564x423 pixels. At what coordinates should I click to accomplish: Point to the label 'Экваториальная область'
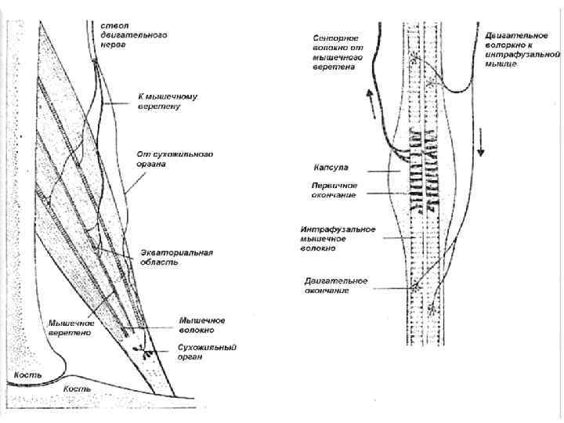coord(175,257)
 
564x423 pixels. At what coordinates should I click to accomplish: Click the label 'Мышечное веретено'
coord(71,327)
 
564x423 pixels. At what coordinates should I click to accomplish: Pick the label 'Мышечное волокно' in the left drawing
coord(202,325)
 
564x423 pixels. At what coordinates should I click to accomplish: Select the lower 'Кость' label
coord(77,388)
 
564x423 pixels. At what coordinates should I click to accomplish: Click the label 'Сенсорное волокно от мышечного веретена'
coord(335,52)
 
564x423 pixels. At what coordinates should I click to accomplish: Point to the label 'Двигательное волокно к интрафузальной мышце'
coord(522,49)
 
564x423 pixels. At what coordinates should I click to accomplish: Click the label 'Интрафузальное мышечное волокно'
coord(338,238)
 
